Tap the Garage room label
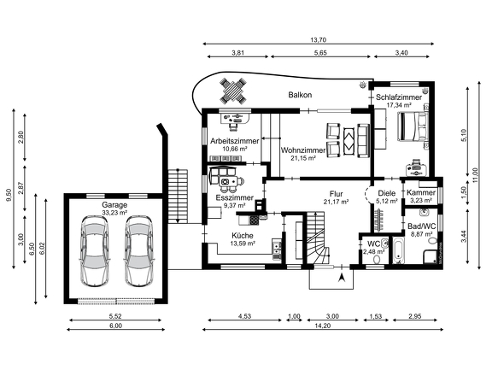click(114, 206)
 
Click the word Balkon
click(300, 95)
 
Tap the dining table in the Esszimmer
click(227, 180)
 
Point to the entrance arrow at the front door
click(341, 277)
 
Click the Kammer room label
click(420, 193)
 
